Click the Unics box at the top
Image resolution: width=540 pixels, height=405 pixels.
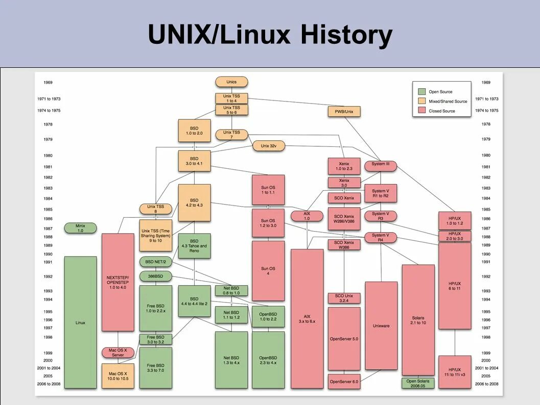231,82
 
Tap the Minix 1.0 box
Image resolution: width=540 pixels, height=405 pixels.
80,228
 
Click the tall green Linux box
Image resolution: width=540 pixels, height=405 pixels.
80,322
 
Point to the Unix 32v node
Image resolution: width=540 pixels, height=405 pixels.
268,146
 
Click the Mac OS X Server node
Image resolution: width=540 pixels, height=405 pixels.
118,352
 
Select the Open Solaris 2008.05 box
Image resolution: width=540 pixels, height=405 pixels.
418,383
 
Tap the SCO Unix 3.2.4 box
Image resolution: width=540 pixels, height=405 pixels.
344,298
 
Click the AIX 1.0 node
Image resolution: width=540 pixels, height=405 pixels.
307,216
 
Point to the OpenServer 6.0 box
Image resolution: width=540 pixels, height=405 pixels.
344,382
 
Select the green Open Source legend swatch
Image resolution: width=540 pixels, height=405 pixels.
421,92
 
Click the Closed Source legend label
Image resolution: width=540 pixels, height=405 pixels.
441,111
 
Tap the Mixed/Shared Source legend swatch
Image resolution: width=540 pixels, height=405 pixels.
421,102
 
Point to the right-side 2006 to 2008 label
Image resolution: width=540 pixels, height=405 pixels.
486,384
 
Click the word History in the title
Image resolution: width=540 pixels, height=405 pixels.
346,36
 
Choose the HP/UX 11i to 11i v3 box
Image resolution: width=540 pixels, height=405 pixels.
455,372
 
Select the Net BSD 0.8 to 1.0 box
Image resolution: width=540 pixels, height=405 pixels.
231,291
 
